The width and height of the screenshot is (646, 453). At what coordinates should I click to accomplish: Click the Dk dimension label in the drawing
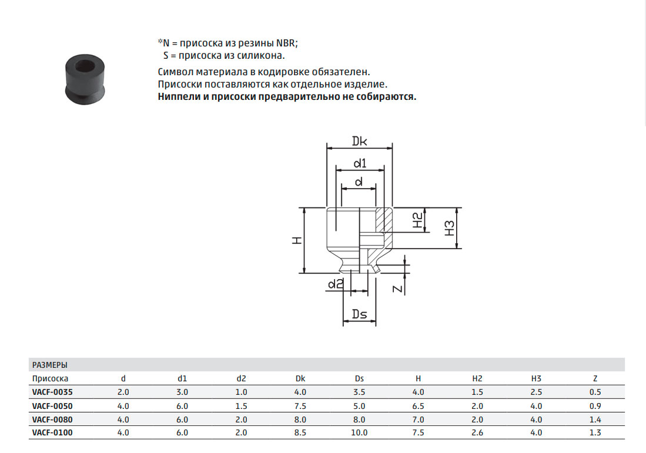coord(359,141)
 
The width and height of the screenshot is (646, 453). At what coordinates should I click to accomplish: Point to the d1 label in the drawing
coord(360,163)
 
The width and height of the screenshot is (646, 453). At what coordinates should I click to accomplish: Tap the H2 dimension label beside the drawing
coord(418,220)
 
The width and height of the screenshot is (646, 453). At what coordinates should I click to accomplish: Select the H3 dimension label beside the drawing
coord(450,228)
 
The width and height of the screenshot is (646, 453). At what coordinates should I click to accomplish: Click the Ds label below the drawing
coord(359,314)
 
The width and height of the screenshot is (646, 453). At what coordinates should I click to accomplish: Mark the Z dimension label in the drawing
coord(397,288)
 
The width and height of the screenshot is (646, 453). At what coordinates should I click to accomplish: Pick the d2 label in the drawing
coord(336,283)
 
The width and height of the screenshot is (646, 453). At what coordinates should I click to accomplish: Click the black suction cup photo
coord(85,79)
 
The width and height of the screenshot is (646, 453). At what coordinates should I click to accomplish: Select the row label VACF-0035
coord(52,392)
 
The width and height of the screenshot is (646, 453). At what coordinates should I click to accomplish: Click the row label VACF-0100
coord(52,432)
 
